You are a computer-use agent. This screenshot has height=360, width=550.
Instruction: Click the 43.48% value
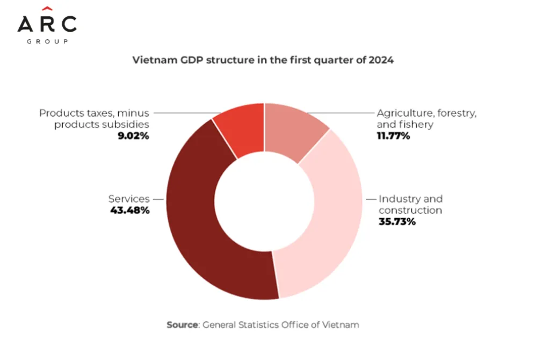(129, 210)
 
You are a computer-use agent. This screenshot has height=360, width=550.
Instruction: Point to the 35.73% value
(397, 221)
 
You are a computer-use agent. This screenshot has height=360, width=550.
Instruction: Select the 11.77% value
(393, 136)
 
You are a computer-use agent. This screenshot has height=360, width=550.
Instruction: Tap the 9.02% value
(133, 136)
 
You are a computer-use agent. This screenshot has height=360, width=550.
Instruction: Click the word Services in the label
(129, 199)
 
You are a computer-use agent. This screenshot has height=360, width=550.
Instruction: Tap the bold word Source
(183, 325)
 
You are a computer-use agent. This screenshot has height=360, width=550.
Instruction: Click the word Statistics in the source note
(258, 325)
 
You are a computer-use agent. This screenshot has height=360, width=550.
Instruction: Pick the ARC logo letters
(47, 24)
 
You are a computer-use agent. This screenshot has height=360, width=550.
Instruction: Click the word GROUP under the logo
(47, 41)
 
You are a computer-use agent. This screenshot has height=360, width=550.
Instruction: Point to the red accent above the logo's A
(47, 8)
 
